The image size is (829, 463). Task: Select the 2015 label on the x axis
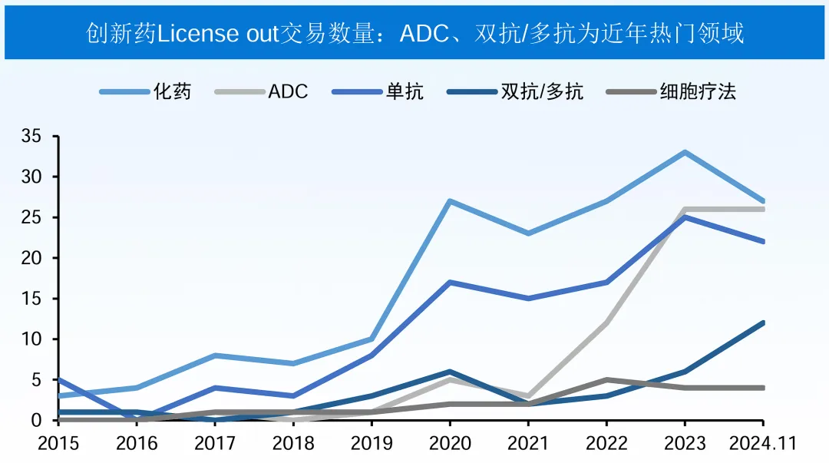[59, 444]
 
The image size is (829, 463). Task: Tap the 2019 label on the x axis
[372, 444]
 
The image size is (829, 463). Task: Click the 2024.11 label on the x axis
[762, 444]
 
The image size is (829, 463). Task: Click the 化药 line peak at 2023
[684, 152]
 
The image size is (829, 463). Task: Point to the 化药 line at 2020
[449, 201]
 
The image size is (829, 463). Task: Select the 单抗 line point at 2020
[449, 282]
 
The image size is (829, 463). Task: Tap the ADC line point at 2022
[606, 322]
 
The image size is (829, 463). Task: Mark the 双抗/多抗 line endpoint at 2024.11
[762, 322]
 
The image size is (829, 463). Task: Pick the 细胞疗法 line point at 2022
[606, 379]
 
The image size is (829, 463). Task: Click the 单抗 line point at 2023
[684, 217]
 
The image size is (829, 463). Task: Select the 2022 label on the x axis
[606, 444]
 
